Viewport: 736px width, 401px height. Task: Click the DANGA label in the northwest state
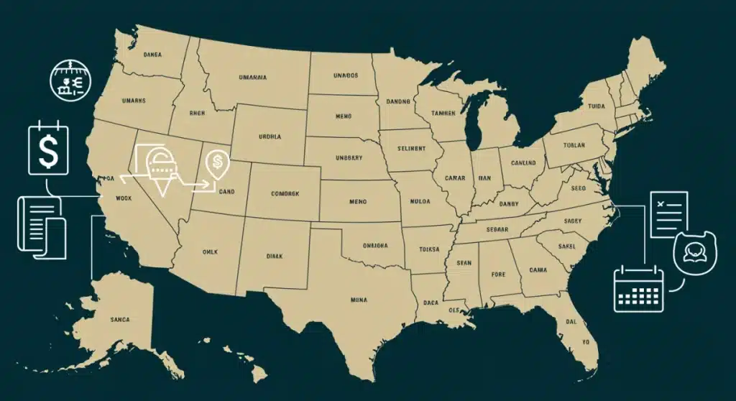point(152,54)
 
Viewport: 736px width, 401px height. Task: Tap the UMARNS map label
point(134,101)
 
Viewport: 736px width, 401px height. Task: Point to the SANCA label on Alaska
point(119,319)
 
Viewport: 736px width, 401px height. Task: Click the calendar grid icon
point(637,289)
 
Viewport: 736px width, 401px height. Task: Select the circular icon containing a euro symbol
point(69,79)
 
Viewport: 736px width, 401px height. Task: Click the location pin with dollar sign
point(216,165)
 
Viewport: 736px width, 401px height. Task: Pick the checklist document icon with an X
point(668,213)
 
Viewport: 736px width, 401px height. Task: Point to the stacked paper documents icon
point(42,227)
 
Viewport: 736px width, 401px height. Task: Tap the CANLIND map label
point(523,162)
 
